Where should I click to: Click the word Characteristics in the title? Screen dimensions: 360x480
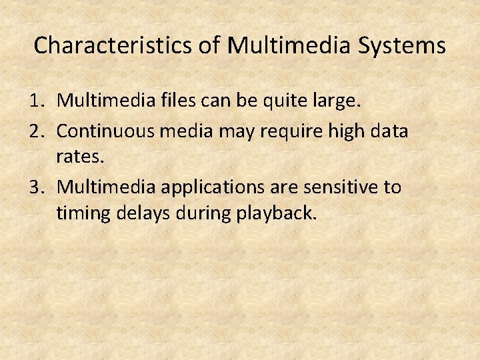[x=112, y=45]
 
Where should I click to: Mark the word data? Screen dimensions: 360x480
[x=389, y=131]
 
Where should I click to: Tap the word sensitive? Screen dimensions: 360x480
[x=335, y=187]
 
